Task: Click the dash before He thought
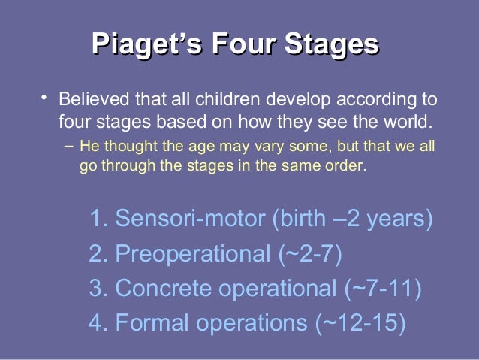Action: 68,144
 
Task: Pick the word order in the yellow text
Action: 346,165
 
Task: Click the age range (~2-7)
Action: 310,254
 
